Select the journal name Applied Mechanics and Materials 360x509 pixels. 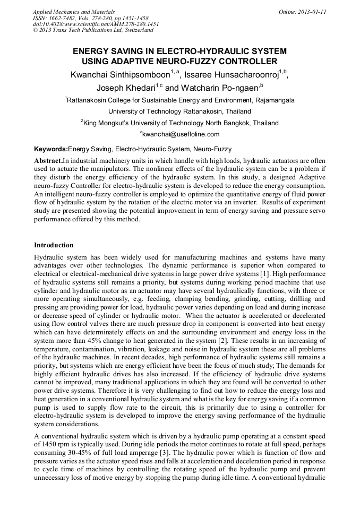coord(74,11)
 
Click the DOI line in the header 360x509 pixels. coord(96,24)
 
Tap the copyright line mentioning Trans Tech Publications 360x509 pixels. coord(93,30)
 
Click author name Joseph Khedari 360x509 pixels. coord(125,88)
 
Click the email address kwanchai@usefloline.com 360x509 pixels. coord(181,134)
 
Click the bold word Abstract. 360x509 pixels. coord(48,160)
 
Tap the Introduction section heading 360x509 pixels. coord(54,245)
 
